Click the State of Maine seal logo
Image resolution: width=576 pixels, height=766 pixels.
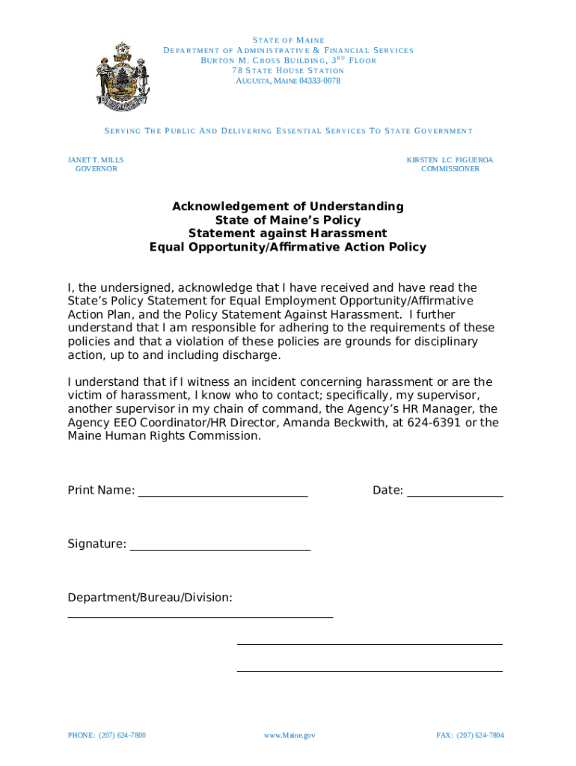click(x=120, y=74)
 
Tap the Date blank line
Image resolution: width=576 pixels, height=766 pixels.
click(x=455, y=494)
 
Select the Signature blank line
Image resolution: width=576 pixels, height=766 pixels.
click(x=220, y=548)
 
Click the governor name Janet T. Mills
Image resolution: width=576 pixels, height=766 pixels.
click(x=96, y=160)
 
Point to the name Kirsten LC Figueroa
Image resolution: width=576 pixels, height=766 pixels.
click(x=450, y=160)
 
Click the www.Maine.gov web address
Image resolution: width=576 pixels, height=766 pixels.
click(x=289, y=735)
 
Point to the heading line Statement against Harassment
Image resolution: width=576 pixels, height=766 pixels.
click(x=288, y=233)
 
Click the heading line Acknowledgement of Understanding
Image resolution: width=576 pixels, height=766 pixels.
click(x=288, y=206)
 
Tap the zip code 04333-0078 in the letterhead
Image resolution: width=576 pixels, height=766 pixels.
click(x=319, y=81)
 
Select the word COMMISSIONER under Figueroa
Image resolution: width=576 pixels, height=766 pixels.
click(x=450, y=169)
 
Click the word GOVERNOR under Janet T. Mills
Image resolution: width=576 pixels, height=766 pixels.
click(x=96, y=169)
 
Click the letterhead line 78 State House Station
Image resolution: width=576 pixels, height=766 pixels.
click(x=288, y=70)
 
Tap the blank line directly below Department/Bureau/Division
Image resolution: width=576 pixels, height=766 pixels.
click(x=200, y=617)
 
